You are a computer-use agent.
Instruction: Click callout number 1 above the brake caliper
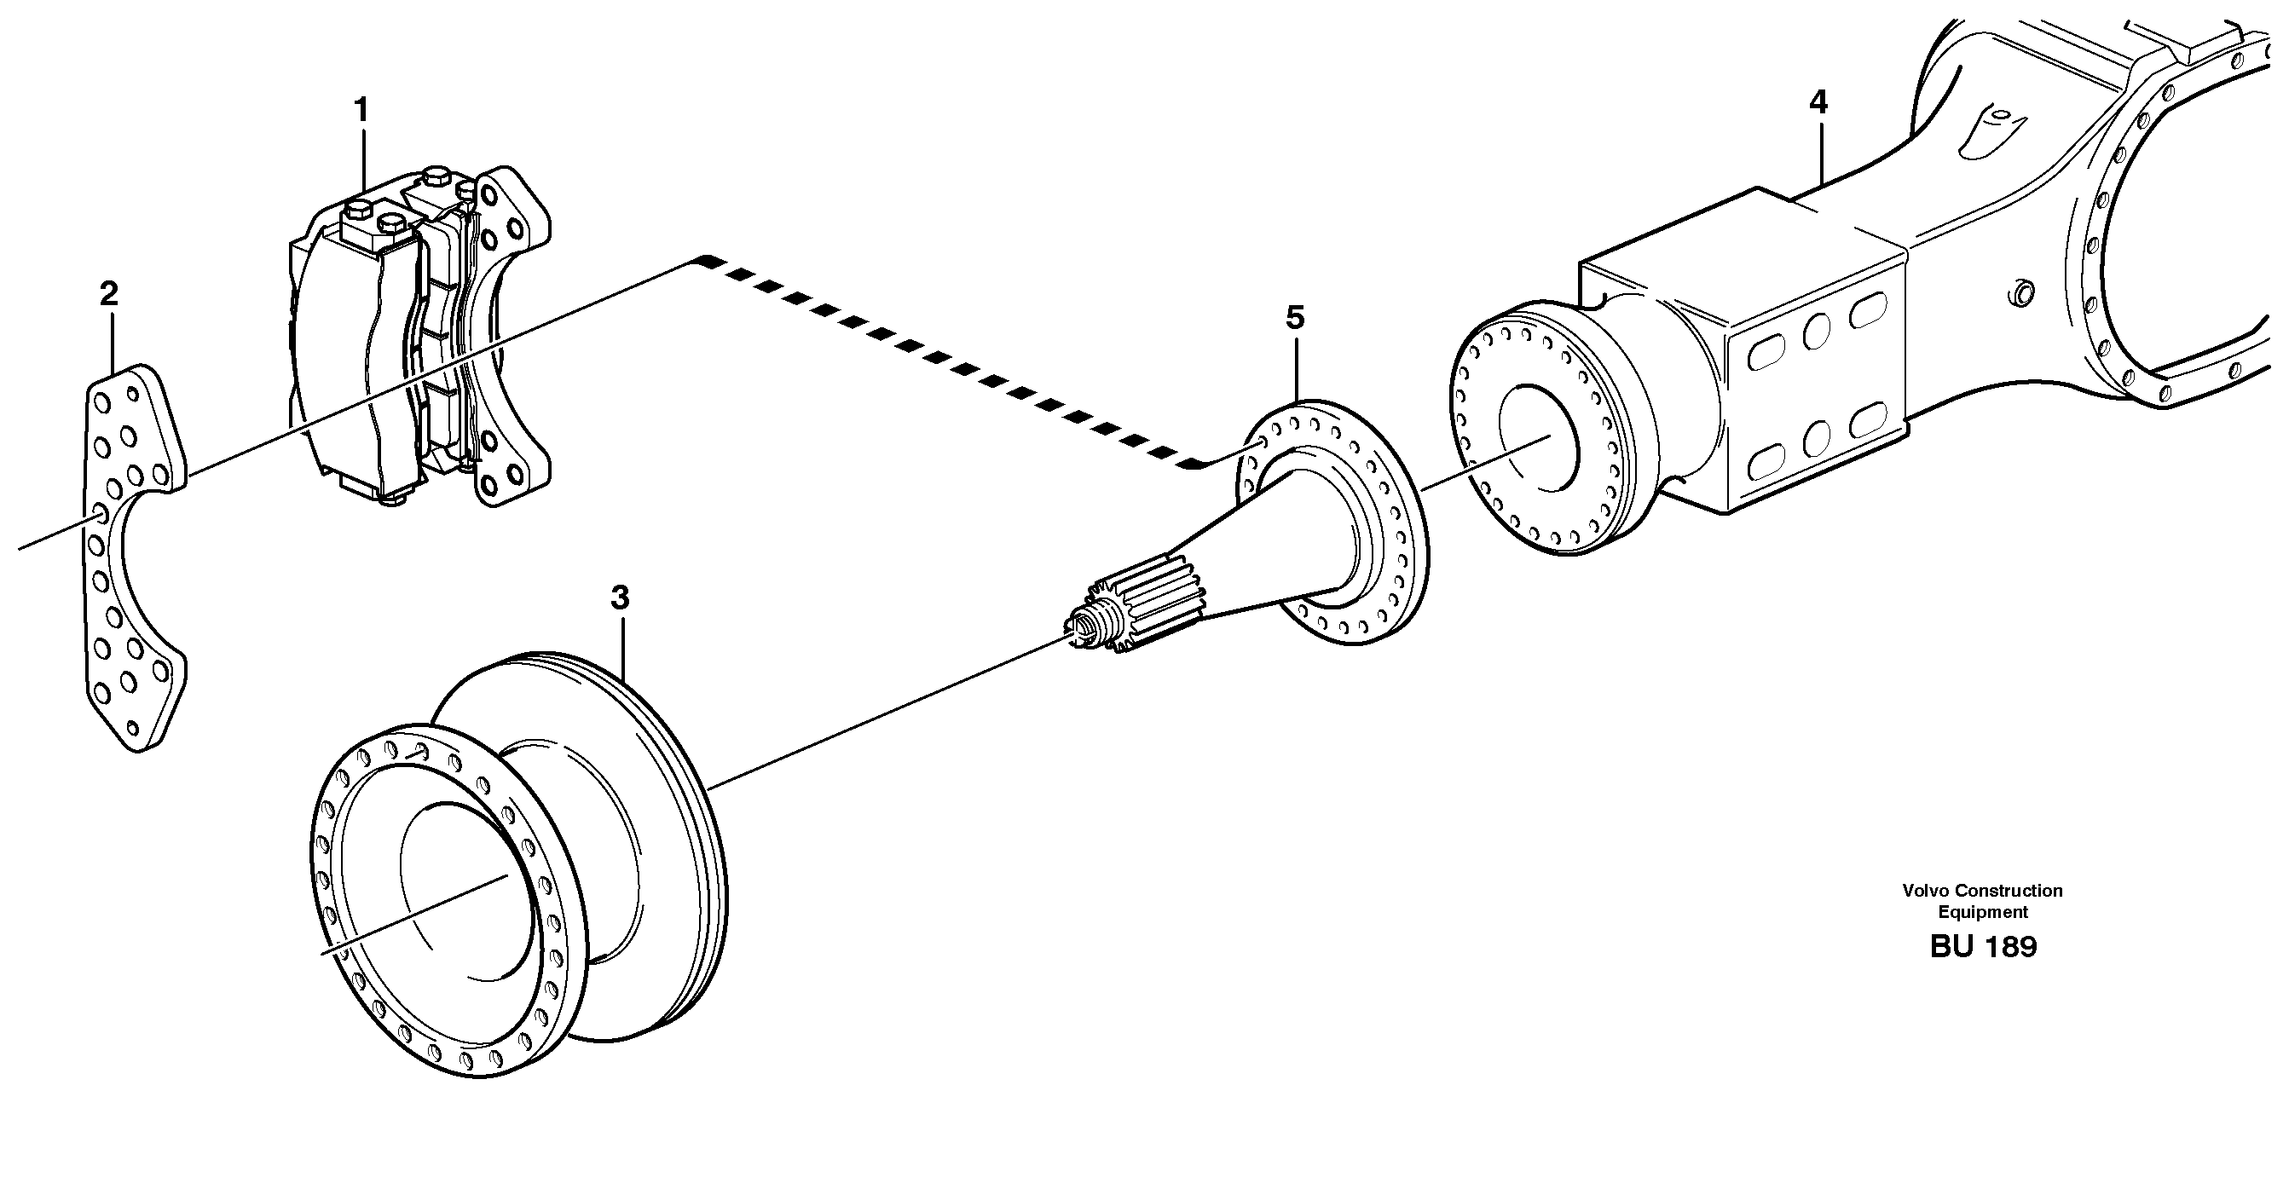tap(360, 110)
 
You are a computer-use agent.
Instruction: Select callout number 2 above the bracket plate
tap(108, 293)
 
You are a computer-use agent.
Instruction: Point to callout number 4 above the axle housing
tap(1818, 103)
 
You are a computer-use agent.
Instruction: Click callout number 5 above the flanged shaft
tap(1295, 317)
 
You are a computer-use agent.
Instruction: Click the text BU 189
tap(1982, 947)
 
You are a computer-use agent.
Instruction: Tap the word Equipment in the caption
tap(1982, 911)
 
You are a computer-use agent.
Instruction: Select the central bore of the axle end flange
tap(1537, 436)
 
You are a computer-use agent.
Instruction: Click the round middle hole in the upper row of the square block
tap(1816, 332)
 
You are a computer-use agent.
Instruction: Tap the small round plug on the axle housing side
tap(2020, 292)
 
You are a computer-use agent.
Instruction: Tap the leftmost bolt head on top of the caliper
tap(356, 213)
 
